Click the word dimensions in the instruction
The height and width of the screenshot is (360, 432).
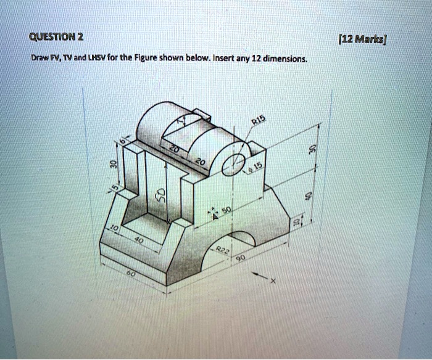[285, 59]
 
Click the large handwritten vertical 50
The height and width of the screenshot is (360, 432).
[159, 197]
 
